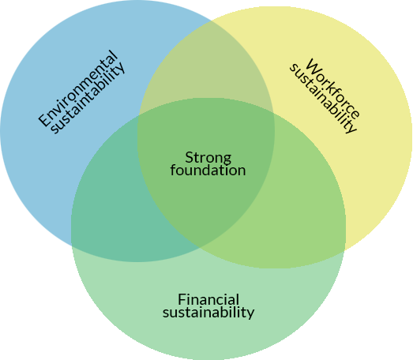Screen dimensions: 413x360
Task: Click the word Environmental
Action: (77, 88)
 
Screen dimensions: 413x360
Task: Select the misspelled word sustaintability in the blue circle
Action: (88, 98)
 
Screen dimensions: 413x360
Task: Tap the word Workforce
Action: (332, 89)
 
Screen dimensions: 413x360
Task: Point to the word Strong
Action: (208, 158)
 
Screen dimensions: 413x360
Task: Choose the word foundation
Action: (208, 171)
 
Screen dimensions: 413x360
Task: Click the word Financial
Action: (208, 299)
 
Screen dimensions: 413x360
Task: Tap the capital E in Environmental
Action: (45, 119)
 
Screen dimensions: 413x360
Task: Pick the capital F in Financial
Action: (182, 300)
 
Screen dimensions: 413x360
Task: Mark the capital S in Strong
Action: (189, 157)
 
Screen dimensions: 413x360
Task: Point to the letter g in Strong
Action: (227, 160)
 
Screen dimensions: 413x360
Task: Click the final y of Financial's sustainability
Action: (251, 315)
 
